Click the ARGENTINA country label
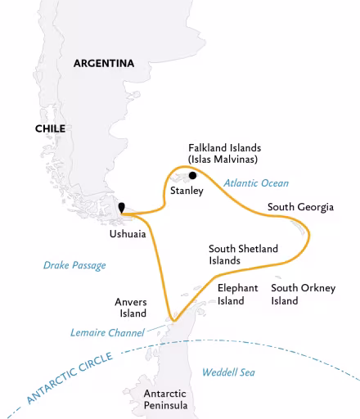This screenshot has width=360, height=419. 103,63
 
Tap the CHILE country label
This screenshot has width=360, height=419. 50,128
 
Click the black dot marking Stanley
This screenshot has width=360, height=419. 192,174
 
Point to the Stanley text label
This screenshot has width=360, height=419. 187,191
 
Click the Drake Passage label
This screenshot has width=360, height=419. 74,265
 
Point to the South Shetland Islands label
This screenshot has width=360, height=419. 243,255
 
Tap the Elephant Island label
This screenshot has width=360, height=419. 237,294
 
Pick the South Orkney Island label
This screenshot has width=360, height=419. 303,294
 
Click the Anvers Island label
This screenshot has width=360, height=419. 130,307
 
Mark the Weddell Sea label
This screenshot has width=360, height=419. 228,372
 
